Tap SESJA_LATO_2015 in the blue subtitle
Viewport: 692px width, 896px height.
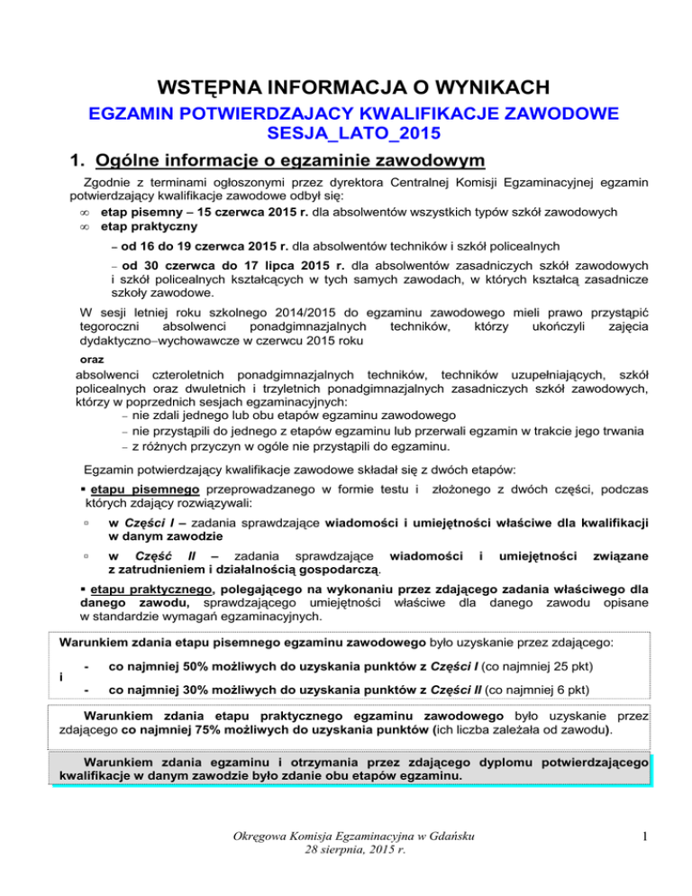[x=345, y=136]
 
